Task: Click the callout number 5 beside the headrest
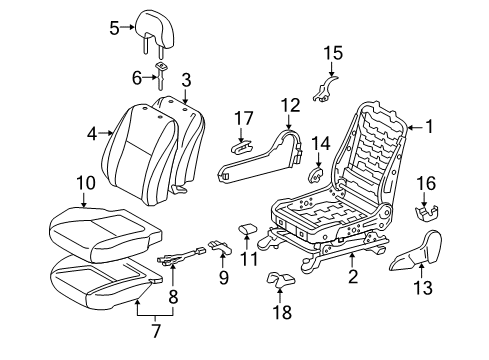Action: (x=114, y=29)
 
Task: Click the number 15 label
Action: (x=333, y=52)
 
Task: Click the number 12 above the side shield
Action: (x=289, y=104)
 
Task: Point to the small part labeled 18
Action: (x=279, y=286)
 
